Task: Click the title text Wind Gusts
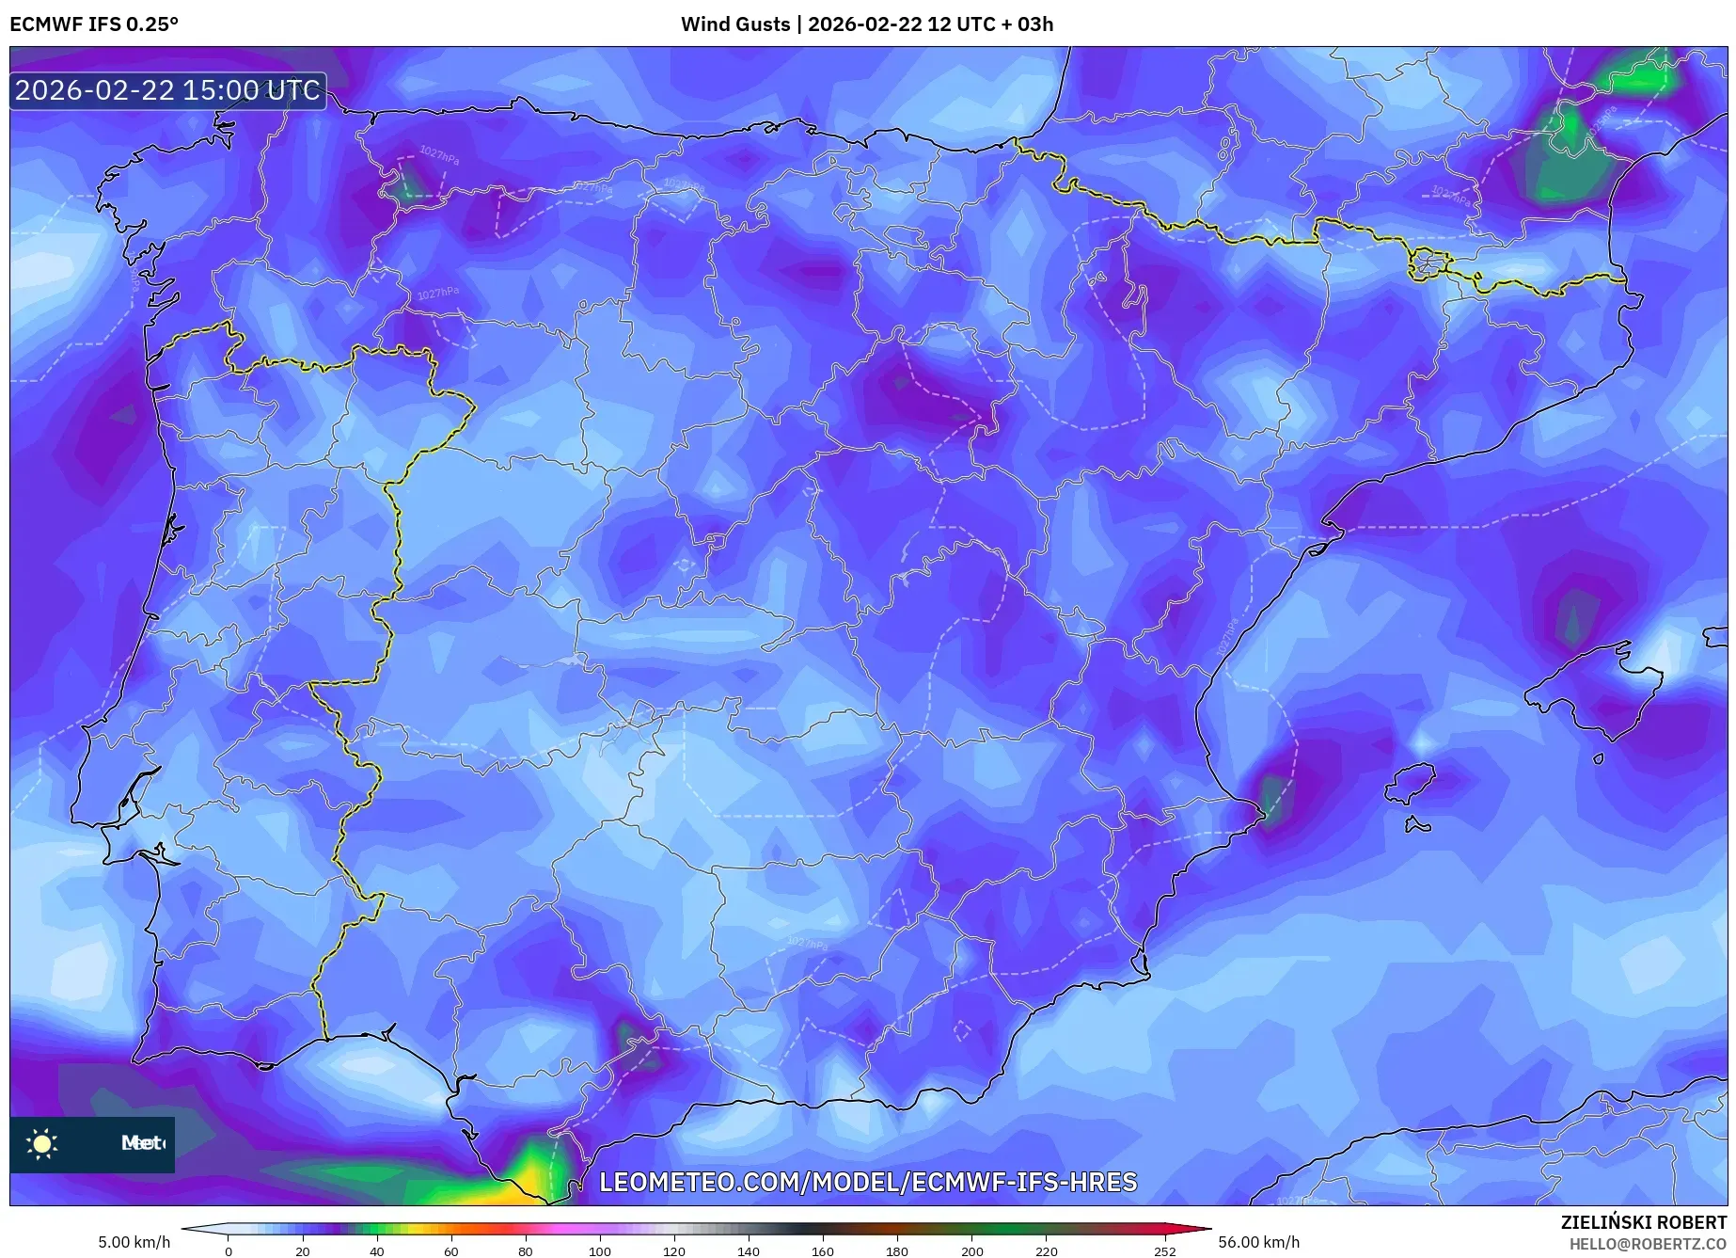tap(735, 24)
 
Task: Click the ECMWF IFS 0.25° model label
tap(94, 24)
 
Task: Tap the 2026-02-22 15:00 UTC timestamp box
tap(167, 91)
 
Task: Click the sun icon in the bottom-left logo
tap(42, 1144)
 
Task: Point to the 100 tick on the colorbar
tap(599, 1251)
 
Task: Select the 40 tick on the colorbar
tap(376, 1251)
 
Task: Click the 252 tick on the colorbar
tap(1164, 1251)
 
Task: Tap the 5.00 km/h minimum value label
tap(134, 1242)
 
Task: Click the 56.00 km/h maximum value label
tap(1258, 1242)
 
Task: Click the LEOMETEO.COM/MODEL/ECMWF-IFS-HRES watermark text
tap(868, 1182)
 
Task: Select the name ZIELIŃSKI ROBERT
tap(1643, 1223)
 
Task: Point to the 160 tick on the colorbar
tap(822, 1251)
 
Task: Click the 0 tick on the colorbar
tap(228, 1251)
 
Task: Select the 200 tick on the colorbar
tap(971, 1251)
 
